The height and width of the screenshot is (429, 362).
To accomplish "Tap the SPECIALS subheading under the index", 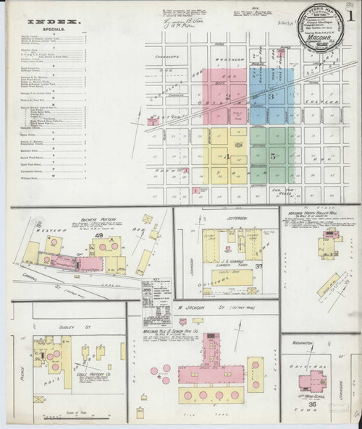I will point(48,31).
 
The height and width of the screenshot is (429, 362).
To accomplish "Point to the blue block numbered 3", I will point(272,95).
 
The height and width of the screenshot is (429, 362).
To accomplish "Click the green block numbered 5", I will point(272,156).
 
